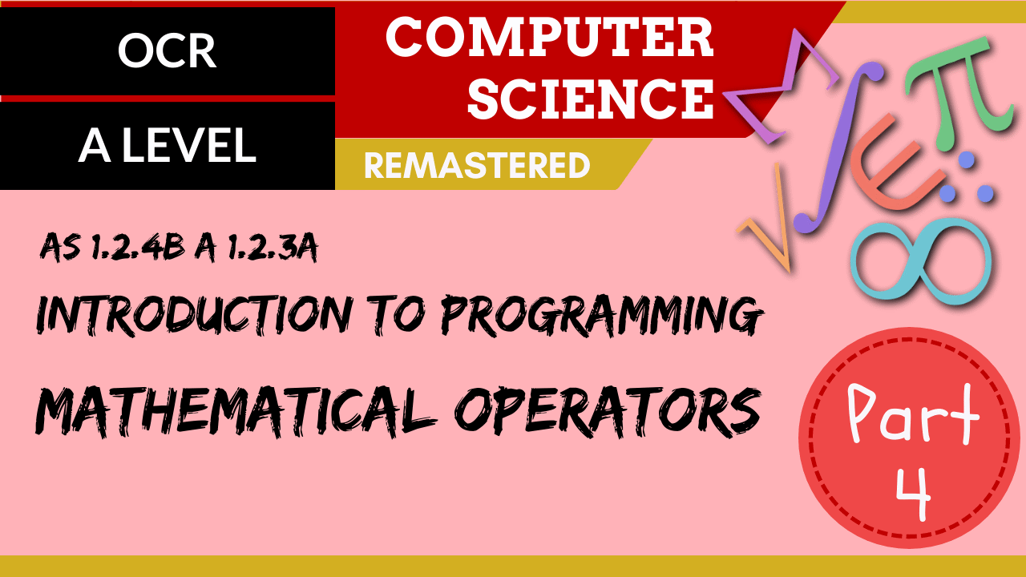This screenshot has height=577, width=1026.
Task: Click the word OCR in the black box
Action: [x=167, y=51]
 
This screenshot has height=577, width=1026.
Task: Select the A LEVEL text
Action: [x=167, y=146]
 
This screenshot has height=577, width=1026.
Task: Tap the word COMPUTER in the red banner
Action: [x=549, y=38]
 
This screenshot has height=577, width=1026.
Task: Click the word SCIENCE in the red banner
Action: [x=591, y=99]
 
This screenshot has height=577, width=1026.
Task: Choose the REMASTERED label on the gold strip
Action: [x=477, y=166]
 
